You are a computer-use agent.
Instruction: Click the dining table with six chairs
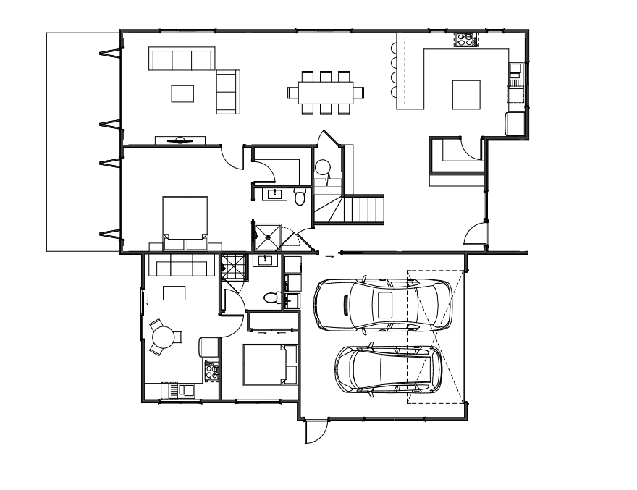(x=325, y=92)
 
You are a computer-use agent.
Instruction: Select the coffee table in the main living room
(x=182, y=93)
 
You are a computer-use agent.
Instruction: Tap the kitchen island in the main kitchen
(x=466, y=93)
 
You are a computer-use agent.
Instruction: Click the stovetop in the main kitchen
(x=463, y=38)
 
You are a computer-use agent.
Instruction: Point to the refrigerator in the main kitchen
(x=515, y=124)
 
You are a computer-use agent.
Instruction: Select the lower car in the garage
(x=387, y=370)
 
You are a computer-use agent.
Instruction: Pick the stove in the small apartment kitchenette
(x=211, y=371)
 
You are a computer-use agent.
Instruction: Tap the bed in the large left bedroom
(x=185, y=217)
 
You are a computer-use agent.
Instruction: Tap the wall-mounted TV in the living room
(x=180, y=140)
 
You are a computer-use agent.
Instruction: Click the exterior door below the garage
(x=315, y=432)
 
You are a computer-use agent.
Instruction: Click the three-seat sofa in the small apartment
(x=180, y=267)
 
